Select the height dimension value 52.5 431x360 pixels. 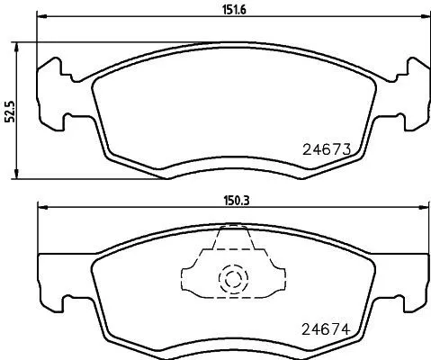[10, 110]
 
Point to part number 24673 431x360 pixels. [323, 149]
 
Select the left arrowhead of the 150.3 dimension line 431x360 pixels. [40, 209]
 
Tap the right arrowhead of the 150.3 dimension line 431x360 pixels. [424, 209]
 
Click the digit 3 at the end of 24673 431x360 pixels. [344, 149]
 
